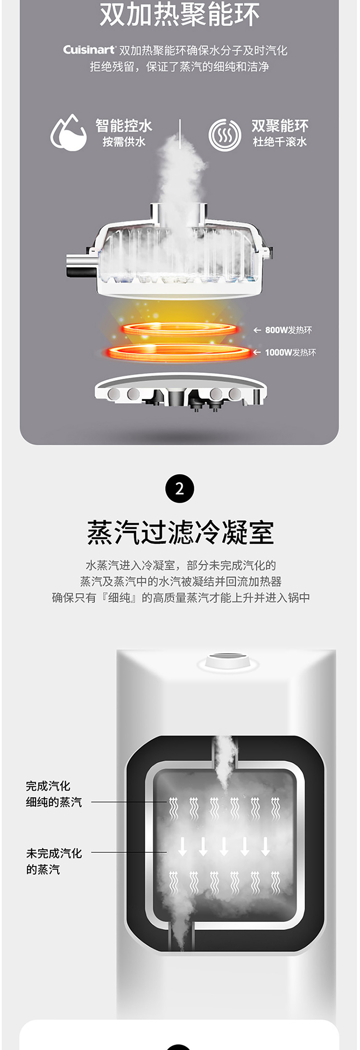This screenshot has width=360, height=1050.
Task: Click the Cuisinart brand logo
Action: (x=90, y=50)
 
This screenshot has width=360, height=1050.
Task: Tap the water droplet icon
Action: (x=69, y=133)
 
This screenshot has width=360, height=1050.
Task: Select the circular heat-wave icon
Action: (x=225, y=135)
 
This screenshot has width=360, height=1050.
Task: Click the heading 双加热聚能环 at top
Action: (x=180, y=15)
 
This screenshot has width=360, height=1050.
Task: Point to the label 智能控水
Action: (x=124, y=126)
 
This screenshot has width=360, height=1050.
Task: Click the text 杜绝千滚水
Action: (x=280, y=142)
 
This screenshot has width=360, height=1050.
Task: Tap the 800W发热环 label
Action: (x=288, y=330)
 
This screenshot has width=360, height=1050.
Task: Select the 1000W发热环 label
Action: (x=290, y=353)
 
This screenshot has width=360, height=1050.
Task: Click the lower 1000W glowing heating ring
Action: (x=179, y=352)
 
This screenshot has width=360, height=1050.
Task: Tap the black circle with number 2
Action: (x=180, y=489)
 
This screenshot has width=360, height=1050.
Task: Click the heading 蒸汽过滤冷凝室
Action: (x=180, y=533)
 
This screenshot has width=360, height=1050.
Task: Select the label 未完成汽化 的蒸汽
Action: (x=54, y=861)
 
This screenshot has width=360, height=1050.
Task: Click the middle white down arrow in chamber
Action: (x=224, y=846)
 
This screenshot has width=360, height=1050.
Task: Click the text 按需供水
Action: (x=124, y=142)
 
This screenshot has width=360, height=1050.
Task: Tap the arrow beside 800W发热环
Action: (x=257, y=330)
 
